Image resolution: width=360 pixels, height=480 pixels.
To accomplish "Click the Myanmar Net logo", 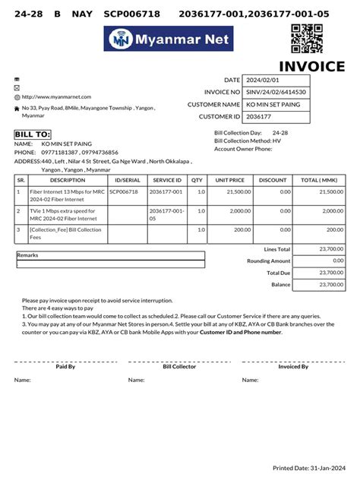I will pyautogui.click(x=169, y=39).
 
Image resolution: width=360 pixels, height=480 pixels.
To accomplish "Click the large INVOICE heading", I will pyautogui.click(x=311, y=67).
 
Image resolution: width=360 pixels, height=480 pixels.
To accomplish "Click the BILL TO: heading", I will pyautogui.click(x=32, y=134).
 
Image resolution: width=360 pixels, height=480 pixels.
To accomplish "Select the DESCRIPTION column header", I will pyautogui.click(x=68, y=180).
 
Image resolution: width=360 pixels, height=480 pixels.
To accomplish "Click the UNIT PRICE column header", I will pyautogui.click(x=229, y=180).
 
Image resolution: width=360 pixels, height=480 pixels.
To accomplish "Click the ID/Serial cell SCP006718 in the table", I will pyautogui.click(x=125, y=192).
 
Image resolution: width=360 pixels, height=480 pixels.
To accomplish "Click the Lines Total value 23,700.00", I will pyautogui.click(x=331, y=249).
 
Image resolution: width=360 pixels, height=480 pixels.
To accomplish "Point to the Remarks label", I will pyautogui.click(x=27, y=255).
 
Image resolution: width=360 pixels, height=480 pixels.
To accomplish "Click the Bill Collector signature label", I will pyautogui.click(x=179, y=367).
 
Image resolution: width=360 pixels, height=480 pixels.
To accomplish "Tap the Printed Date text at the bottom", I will pyautogui.click(x=308, y=468).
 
